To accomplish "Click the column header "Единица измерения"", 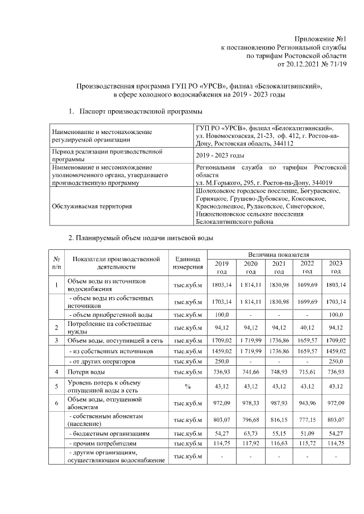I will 188,262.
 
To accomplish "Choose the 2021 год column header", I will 279,267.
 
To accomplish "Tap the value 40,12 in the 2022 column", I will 307,328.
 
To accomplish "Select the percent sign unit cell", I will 188,386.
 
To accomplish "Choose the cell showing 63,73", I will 251,433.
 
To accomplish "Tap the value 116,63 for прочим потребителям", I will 279,442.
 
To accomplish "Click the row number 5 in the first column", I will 56,386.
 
